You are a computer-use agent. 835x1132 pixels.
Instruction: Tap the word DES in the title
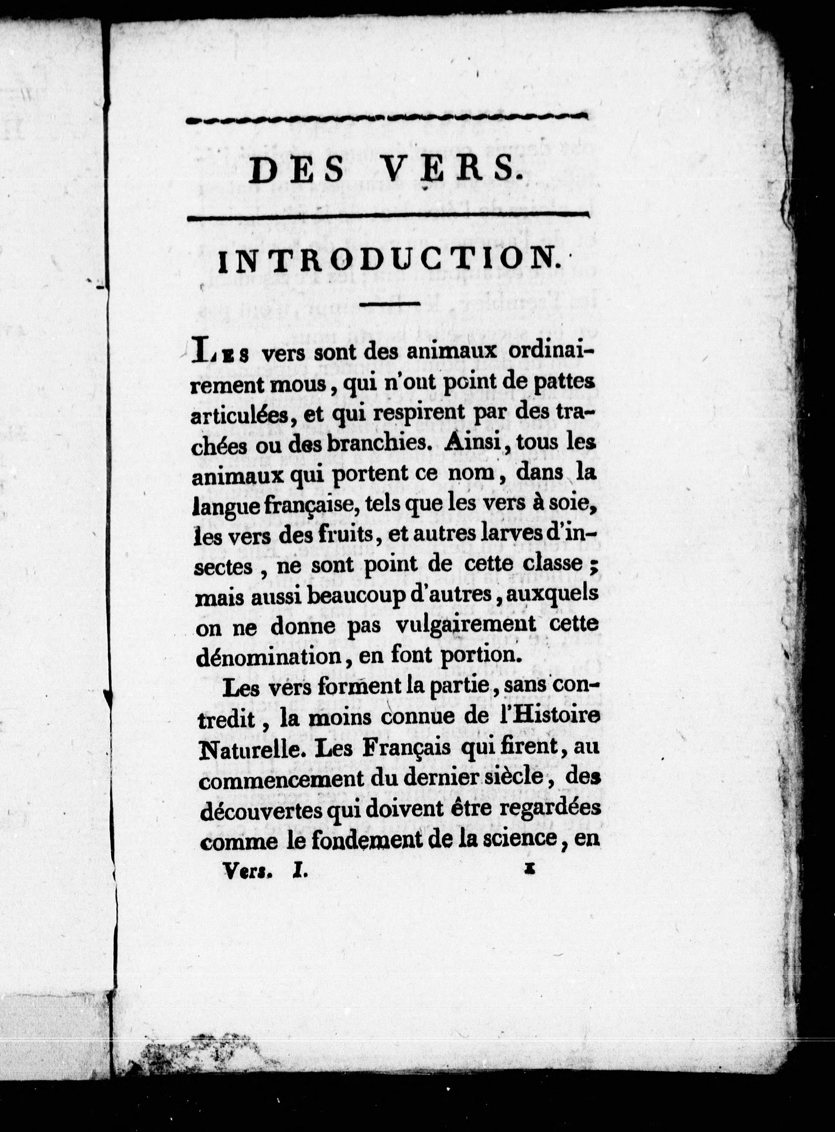(296, 171)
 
